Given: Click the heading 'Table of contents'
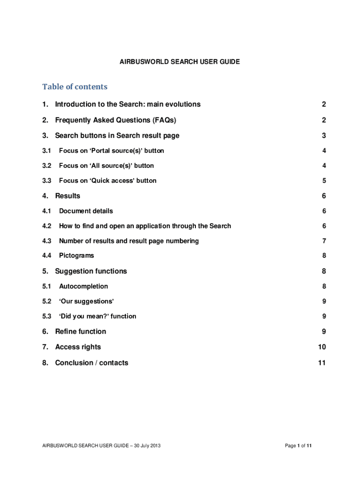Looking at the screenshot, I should pos(75,87).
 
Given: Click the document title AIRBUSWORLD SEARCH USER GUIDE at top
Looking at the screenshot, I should pos(180,61).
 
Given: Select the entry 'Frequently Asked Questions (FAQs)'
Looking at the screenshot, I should pos(115,120).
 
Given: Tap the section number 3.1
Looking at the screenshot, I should pos(46,151).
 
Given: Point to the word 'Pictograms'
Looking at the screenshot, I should pos(76,255).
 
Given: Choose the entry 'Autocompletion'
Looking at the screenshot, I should pos(83,286).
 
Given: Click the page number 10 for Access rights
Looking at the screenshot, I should pos(322,347).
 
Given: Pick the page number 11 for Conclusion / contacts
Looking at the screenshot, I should pos(322,363).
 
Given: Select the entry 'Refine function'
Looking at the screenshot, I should pos(80,332).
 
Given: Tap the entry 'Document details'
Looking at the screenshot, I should pos(86,211).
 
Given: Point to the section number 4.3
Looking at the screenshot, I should pos(46,241).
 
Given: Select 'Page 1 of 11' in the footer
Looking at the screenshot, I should pos(298,446).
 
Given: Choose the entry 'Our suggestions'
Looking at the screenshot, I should pos(86,301).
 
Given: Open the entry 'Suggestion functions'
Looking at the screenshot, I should pos(91,271).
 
